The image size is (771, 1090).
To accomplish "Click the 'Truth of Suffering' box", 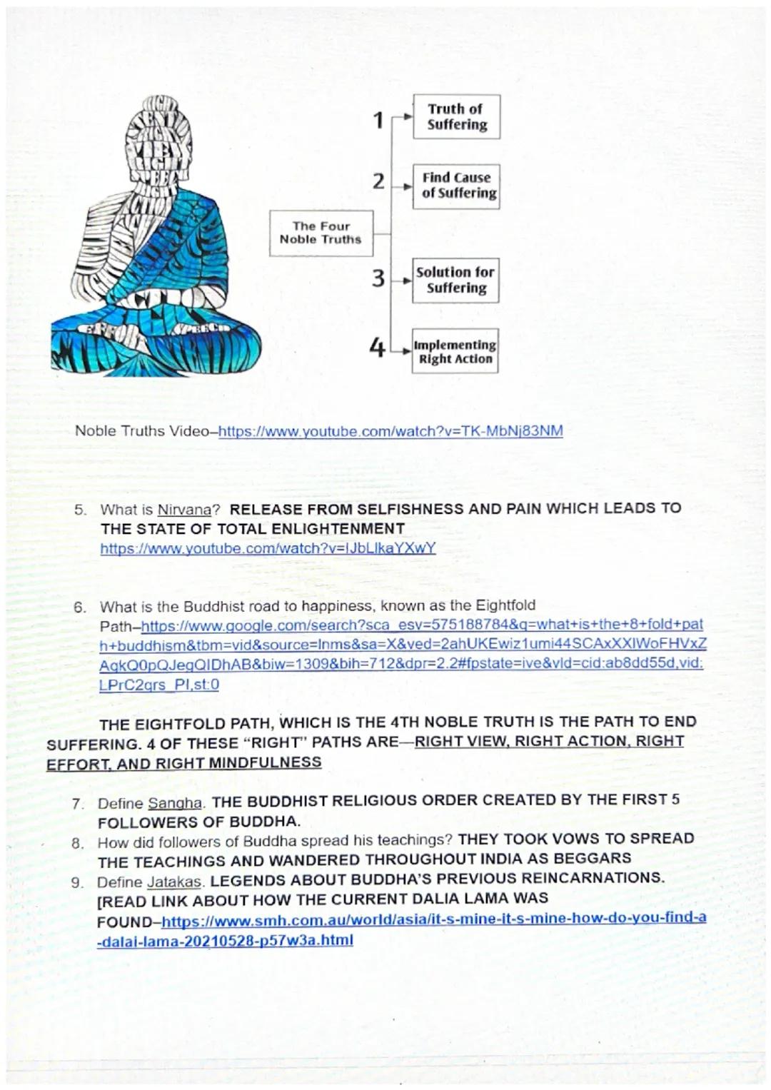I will pyautogui.click(x=456, y=116).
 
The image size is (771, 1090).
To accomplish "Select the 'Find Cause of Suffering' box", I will pyautogui.click(x=456, y=186).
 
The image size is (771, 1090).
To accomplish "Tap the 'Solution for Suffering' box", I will pyautogui.click(x=456, y=281).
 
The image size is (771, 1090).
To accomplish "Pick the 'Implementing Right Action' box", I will pyautogui.click(x=455, y=351).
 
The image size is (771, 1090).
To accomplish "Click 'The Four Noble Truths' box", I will pyautogui.click(x=321, y=233).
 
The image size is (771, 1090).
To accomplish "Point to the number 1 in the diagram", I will pyautogui.click(x=379, y=120).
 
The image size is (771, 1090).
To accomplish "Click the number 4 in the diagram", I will pyautogui.click(x=377, y=348).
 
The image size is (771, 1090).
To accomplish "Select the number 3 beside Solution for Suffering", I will pyautogui.click(x=378, y=278).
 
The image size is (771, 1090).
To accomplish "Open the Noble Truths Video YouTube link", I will pyautogui.click(x=390, y=431).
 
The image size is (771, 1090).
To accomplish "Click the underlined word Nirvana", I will pyautogui.click(x=184, y=510).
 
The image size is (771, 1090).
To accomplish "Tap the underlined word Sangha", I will pyautogui.click(x=175, y=802).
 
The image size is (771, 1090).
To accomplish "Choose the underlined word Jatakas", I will pyautogui.click(x=174, y=882).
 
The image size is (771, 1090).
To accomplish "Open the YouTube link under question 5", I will pyautogui.click(x=268, y=548).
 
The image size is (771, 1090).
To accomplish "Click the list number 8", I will pyautogui.click(x=78, y=843).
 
